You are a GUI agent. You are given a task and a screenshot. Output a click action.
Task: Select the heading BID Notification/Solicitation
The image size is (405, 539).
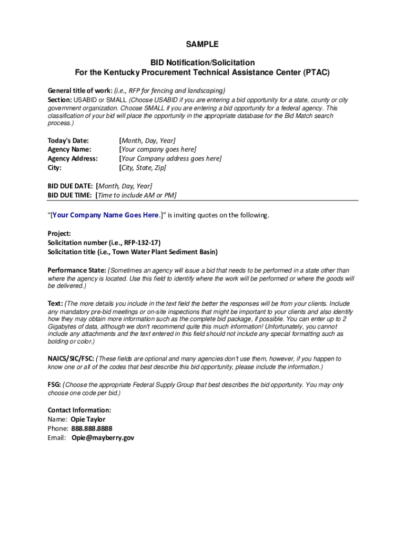[x=202, y=63]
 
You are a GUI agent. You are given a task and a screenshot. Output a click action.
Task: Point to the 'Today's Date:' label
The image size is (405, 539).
[x=68, y=141]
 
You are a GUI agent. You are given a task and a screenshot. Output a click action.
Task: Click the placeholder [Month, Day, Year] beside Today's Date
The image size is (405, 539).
[x=147, y=141]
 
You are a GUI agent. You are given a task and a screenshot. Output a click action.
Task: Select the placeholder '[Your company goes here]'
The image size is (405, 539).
[x=158, y=149]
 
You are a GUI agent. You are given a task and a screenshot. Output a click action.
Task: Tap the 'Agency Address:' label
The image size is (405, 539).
[x=73, y=158]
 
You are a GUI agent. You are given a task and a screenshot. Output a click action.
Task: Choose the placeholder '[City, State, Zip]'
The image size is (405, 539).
[x=143, y=168]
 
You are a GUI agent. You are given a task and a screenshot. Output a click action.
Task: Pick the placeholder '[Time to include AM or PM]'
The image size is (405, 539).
[x=136, y=195]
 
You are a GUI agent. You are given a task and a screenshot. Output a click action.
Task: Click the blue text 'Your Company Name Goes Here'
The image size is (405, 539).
[x=105, y=215]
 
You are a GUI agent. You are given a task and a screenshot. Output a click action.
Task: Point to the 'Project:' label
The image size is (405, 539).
[x=59, y=233]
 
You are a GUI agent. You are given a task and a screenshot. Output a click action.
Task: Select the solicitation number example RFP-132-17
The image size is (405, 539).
[x=141, y=243]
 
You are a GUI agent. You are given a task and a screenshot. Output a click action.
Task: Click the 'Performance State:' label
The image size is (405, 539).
[x=77, y=271]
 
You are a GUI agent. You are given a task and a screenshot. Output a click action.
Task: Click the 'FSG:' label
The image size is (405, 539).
[x=55, y=385]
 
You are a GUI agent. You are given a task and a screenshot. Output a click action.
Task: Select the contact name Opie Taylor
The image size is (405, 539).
[x=88, y=420]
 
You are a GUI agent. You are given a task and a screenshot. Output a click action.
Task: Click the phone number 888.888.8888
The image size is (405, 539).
[x=92, y=428]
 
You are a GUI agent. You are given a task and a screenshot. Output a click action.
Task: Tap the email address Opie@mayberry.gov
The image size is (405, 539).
[x=103, y=437]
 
